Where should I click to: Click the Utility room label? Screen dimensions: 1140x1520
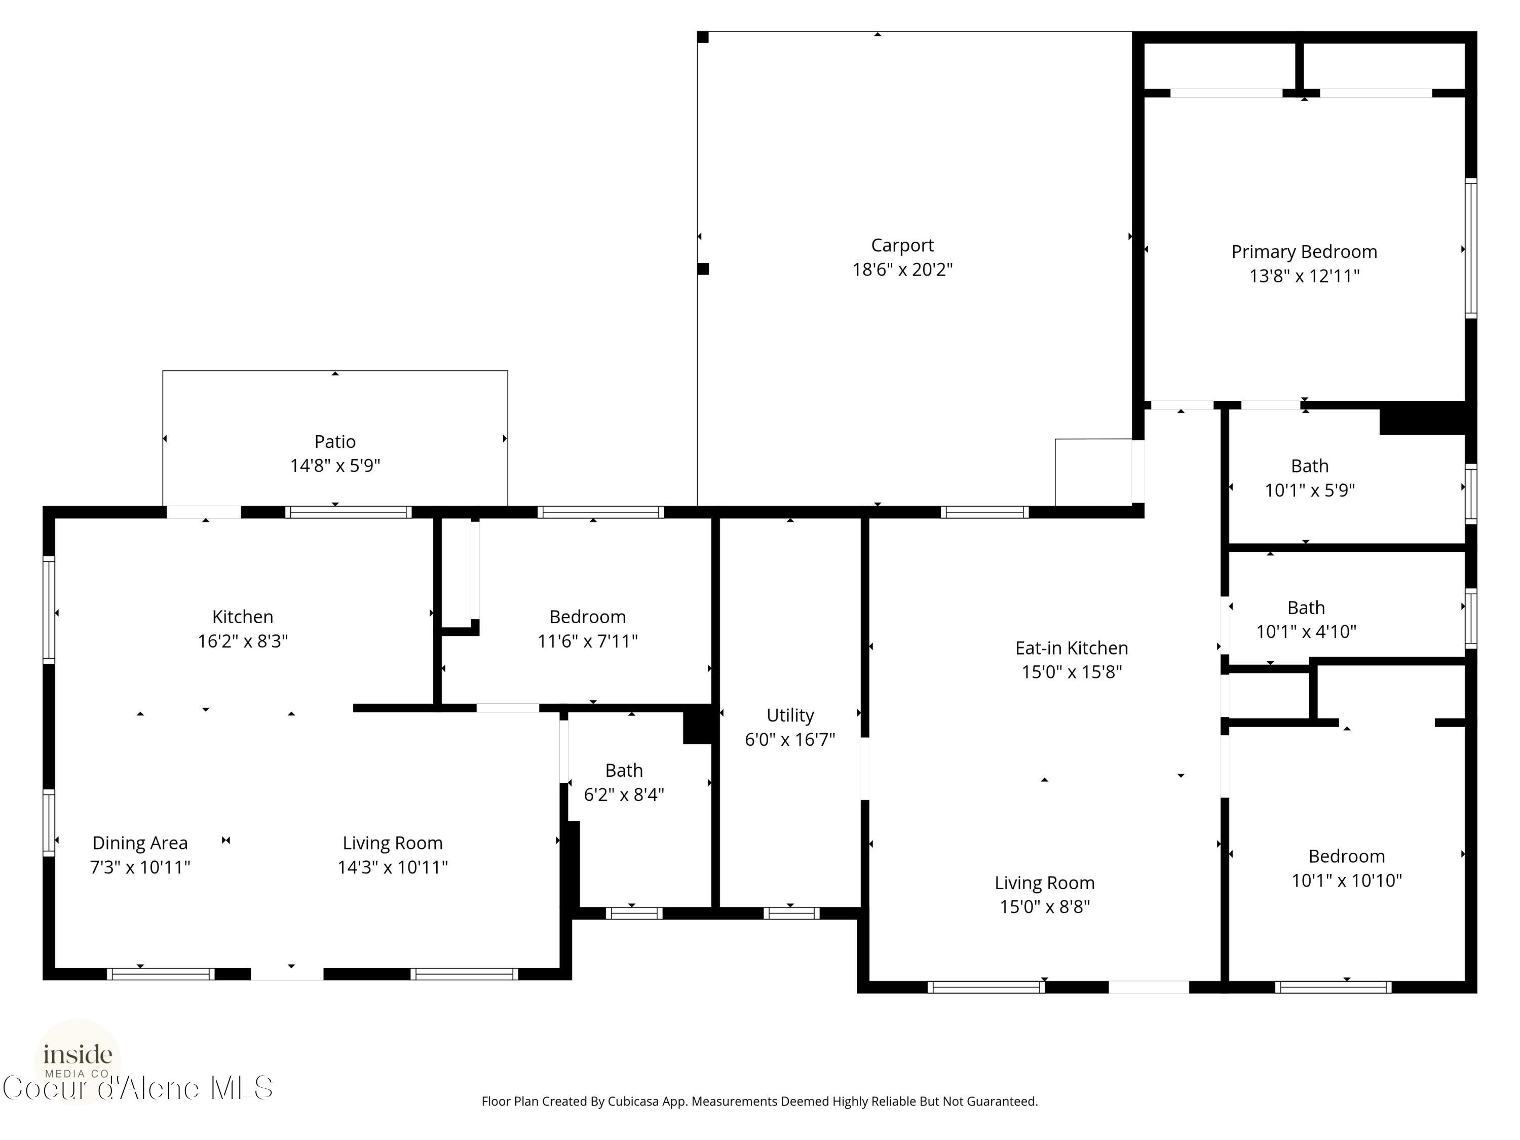(789, 715)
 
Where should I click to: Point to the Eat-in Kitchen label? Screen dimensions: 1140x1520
(1071, 648)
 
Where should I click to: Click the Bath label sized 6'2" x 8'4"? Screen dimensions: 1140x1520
(623, 770)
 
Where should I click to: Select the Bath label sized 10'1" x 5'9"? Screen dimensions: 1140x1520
(1309, 467)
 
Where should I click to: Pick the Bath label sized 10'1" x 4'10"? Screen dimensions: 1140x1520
(1306, 608)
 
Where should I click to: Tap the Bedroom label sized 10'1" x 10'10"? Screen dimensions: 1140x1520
(1346, 856)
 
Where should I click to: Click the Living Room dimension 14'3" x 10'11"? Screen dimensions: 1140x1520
(392, 867)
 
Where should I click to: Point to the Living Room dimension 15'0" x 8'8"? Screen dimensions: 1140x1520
(1044, 907)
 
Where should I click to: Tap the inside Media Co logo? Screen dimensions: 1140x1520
(77, 1058)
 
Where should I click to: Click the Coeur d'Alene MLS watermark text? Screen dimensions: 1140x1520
(137, 1088)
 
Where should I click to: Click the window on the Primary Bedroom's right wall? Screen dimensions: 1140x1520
(1470, 248)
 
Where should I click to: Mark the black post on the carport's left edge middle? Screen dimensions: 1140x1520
(703, 269)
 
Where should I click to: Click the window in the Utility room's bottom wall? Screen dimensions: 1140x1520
(790, 913)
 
